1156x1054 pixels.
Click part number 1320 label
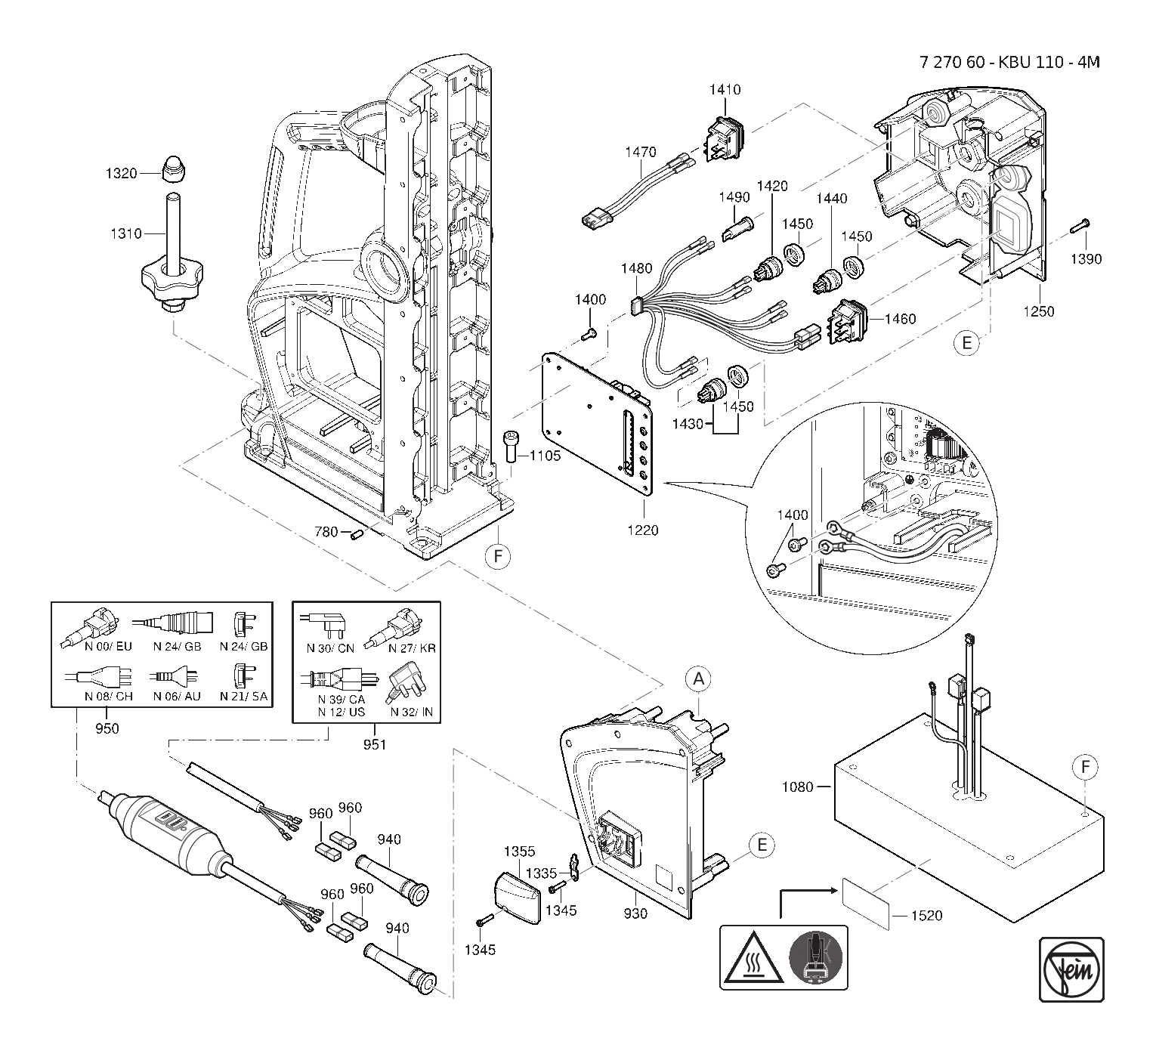coord(121,174)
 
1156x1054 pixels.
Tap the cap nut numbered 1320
coord(175,169)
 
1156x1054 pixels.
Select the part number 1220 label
coord(641,530)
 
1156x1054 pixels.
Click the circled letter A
coord(699,679)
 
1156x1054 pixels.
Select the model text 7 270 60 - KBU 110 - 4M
coord(1009,62)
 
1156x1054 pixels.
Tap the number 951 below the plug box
coord(374,745)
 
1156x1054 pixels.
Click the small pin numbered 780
coord(358,534)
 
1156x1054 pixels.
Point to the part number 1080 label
coord(797,787)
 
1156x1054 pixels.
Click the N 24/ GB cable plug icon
coord(172,625)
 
